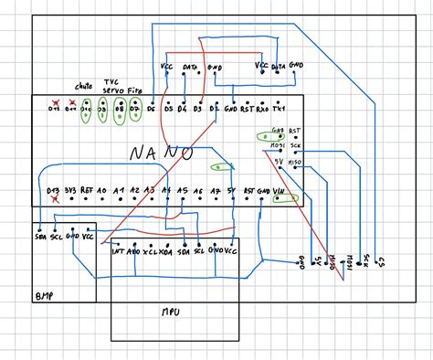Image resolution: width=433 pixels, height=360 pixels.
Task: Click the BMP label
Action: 43,296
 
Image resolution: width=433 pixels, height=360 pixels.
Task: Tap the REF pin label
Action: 87,191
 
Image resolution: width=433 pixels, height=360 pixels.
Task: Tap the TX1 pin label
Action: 290,109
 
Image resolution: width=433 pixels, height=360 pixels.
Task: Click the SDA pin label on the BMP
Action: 41,235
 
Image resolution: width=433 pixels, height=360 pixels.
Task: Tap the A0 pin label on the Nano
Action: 102,191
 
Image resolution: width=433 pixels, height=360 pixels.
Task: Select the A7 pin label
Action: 216,191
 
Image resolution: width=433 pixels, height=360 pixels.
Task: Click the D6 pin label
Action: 151,109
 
